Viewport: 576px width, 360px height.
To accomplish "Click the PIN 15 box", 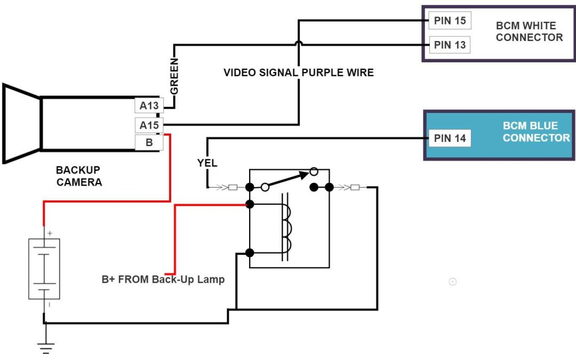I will pos(450,21).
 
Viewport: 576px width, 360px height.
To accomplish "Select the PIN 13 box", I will pos(450,45).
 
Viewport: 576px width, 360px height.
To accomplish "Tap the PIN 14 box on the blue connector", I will pos(450,139).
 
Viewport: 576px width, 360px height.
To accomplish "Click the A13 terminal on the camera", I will pos(149,106).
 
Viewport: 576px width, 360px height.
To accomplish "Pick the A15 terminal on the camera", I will pos(149,126).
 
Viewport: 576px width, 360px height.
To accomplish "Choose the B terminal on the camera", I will pos(149,143).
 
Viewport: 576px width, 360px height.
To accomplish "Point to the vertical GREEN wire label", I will pos(174,77).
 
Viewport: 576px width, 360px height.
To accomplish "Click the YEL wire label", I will pos(207,163).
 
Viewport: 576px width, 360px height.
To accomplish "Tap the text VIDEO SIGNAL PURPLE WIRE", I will pos(298,73).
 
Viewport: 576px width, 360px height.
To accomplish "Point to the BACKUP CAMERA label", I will pos(79,176).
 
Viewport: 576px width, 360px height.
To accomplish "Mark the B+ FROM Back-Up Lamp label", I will pos(163,279).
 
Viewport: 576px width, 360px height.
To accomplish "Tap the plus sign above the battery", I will pos(50,234).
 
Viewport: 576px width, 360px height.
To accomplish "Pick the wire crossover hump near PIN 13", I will pos(299,43).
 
